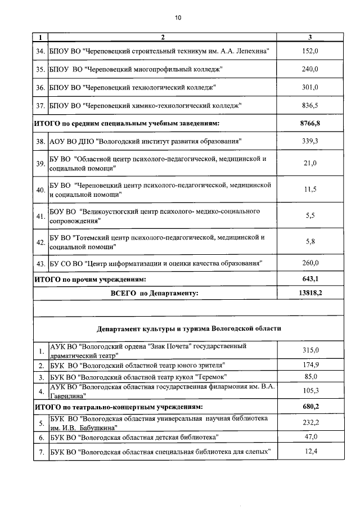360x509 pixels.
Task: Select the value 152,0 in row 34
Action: click(310, 51)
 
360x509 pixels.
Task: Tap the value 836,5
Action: click(310, 105)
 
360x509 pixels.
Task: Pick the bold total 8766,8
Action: click(310, 123)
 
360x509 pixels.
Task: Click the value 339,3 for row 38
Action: click(310, 141)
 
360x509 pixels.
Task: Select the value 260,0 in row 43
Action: click(310, 263)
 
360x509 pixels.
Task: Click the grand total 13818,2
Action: click(310, 292)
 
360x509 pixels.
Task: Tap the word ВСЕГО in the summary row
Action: click(124, 293)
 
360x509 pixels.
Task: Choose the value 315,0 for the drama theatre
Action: click(310, 350)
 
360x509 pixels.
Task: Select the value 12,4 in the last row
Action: click(310, 451)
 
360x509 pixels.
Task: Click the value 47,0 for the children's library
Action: click(310, 436)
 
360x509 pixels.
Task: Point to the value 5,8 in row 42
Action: click(310, 242)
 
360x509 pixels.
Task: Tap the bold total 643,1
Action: click(310, 278)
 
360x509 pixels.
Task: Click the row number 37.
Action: click(40, 105)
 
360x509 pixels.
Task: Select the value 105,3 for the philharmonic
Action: click(310, 391)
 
